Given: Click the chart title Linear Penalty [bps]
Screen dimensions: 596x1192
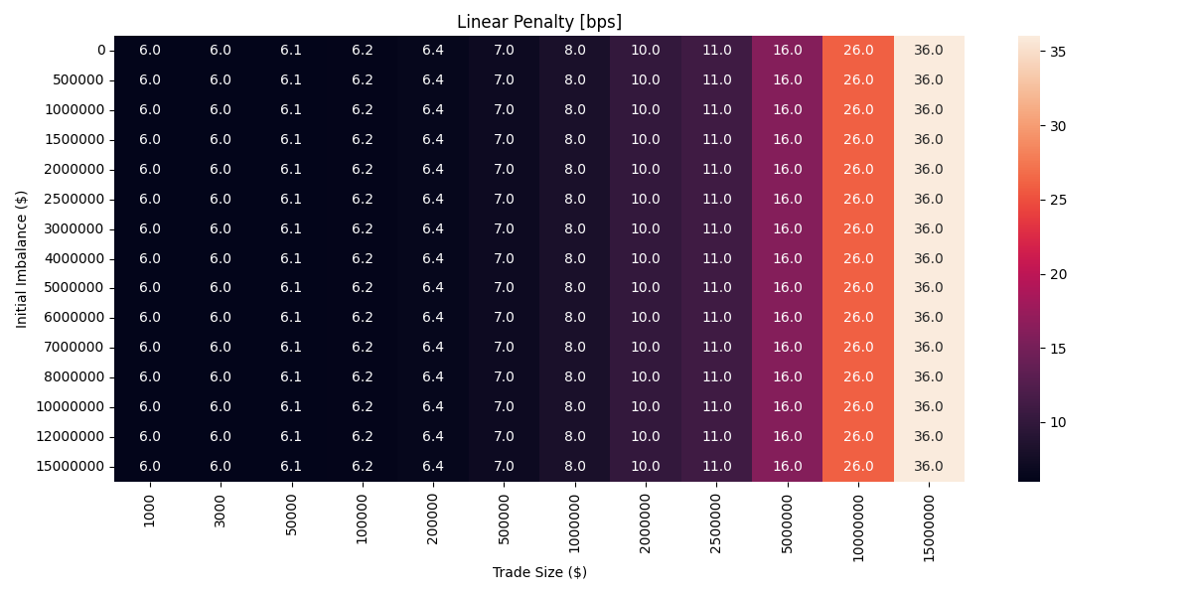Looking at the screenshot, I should (538, 22).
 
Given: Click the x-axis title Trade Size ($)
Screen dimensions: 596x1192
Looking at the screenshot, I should (539, 572).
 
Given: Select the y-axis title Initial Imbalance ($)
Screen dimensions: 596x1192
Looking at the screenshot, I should (22, 258).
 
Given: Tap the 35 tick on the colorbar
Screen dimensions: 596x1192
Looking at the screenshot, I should (1059, 52).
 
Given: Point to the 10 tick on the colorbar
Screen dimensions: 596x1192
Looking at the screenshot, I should (1059, 422).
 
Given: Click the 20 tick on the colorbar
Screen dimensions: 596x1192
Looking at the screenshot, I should (1059, 274).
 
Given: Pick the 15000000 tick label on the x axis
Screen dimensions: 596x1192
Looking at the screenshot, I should (929, 524).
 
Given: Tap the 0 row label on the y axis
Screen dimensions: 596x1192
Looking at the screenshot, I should (100, 50).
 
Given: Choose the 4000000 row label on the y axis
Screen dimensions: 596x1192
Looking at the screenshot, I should (74, 258).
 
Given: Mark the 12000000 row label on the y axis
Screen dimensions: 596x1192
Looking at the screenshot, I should (71, 436).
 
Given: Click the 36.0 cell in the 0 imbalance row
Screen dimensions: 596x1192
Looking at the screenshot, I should (929, 50).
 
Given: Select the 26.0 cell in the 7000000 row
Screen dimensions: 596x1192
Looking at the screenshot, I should (858, 347).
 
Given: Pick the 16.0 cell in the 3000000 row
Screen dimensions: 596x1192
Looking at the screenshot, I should (787, 228).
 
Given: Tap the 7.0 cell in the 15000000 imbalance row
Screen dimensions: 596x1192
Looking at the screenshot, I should (504, 466).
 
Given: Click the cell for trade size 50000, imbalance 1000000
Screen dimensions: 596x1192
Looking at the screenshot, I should (291, 109).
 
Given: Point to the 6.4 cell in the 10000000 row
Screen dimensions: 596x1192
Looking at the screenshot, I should (433, 406).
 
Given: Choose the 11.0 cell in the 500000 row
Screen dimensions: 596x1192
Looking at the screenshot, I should (716, 79).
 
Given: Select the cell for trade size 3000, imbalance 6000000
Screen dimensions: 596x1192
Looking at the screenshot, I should (221, 317).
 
